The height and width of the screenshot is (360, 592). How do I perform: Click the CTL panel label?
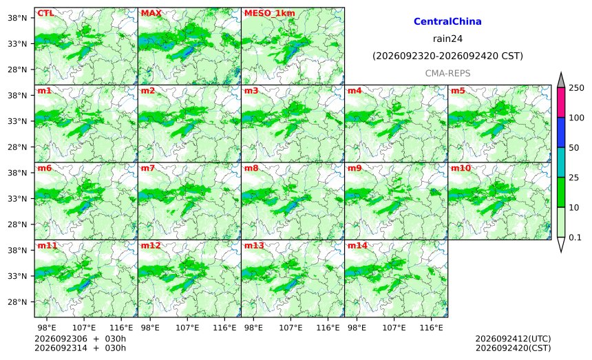coord(45,13)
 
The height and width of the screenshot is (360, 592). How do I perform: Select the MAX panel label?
coord(151,13)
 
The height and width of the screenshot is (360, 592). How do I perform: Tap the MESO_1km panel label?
coord(270,13)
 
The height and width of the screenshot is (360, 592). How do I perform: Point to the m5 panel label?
coord(458,91)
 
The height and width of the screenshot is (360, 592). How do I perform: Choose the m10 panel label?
coord(461,168)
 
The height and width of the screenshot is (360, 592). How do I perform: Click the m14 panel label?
coord(357,246)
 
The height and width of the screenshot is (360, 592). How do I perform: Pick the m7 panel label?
coord(147,168)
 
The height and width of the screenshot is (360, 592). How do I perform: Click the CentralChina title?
coord(447,21)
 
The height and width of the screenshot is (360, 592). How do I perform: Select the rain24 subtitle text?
coord(447,39)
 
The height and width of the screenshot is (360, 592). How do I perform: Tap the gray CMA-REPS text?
coord(447,73)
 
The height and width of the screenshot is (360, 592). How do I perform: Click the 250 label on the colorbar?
coord(577,88)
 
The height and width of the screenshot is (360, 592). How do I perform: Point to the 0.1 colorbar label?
coord(575,237)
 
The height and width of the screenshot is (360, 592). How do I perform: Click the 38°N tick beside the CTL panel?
coord(17,18)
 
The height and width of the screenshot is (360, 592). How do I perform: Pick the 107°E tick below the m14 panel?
coord(394,328)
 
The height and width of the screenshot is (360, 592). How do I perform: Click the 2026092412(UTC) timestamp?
coord(513,339)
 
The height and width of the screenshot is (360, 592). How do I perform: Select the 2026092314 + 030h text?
coord(80,348)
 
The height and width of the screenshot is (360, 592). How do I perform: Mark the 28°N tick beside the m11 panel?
coord(17,302)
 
